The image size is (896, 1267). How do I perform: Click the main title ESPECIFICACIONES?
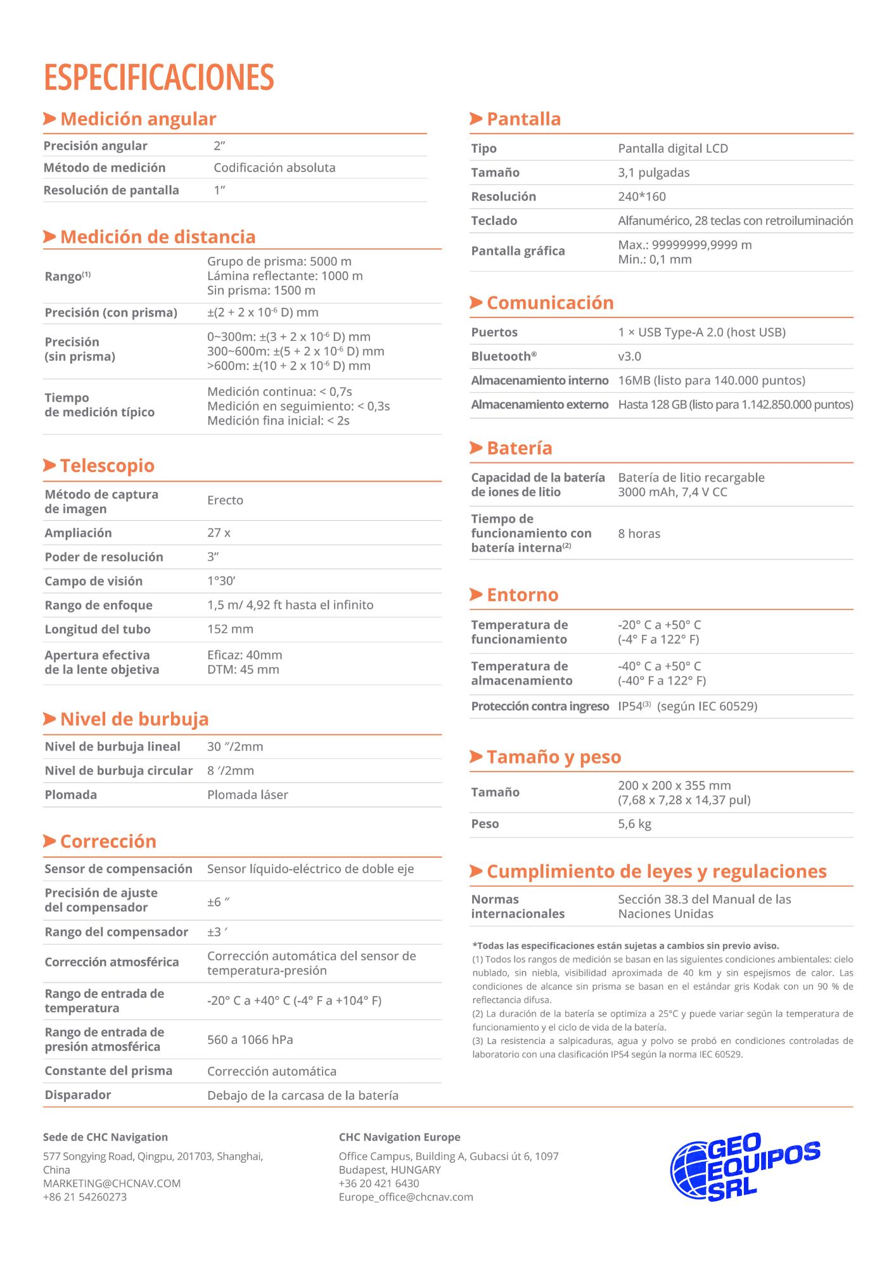pyautogui.click(x=158, y=77)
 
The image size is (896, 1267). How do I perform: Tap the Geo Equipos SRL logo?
pyautogui.click(x=745, y=1166)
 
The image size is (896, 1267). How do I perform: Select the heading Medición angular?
pyautogui.click(x=138, y=119)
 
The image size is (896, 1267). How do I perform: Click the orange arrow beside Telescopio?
pyautogui.click(x=49, y=466)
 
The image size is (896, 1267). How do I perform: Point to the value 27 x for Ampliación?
pyautogui.click(x=219, y=533)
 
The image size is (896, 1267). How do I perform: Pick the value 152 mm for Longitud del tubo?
pyautogui.click(x=230, y=629)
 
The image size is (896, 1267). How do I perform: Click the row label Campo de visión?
pyautogui.click(x=93, y=581)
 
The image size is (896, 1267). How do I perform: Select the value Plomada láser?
pyautogui.click(x=247, y=794)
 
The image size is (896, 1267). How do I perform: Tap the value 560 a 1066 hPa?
pyautogui.click(x=250, y=1040)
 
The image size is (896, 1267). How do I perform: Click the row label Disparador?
pyautogui.click(x=77, y=1095)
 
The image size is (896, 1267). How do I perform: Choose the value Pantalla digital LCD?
pyautogui.click(x=673, y=148)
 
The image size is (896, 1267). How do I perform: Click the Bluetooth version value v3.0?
pyautogui.click(x=629, y=356)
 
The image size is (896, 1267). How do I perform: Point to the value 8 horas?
pyautogui.click(x=639, y=533)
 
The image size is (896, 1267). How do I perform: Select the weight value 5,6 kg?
pyautogui.click(x=634, y=824)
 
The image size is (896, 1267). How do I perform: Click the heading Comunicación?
pyautogui.click(x=550, y=303)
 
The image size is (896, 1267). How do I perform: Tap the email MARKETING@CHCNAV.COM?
pyautogui.click(x=112, y=1183)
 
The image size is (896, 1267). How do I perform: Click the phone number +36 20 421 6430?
pyautogui.click(x=379, y=1183)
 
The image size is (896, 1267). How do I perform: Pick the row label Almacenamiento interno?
pyautogui.click(x=539, y=380)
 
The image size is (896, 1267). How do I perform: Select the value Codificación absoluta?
pyautogui.click(x=274, y=168)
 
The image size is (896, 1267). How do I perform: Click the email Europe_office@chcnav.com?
pyautogui.click(x=406, y=1197)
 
